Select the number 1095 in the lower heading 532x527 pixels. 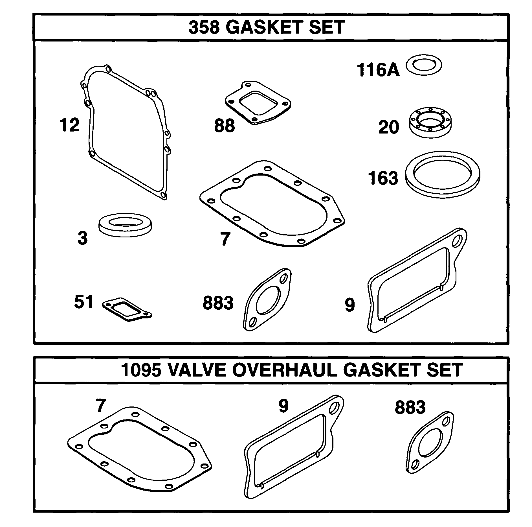click(x=141, y=370)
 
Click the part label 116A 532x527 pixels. click(x=378, y=70)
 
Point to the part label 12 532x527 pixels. click(x=69, y=125)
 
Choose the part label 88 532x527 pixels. click(x=224, y=126)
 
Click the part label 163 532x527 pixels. click(x=383, y=178)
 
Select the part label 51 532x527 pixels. click(x=83, y=302)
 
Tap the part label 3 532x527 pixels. click(x=83, y=238)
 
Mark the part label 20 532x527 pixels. click(x=389, y=127)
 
